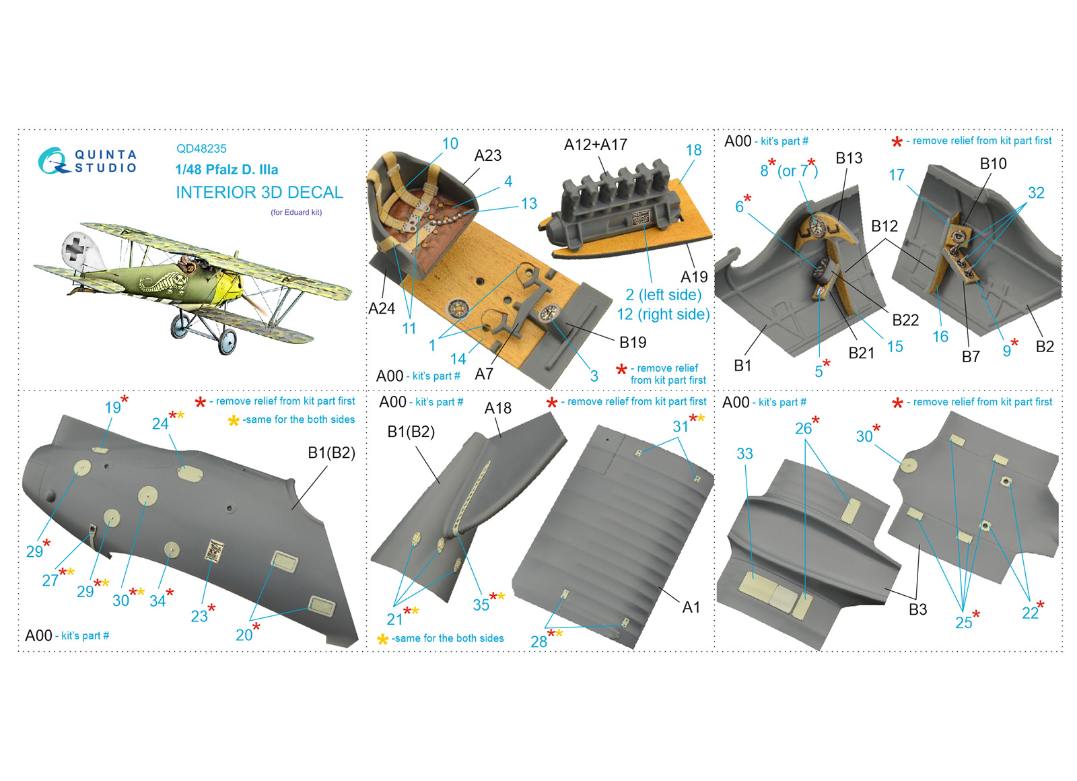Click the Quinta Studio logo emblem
53,161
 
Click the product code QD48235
201,149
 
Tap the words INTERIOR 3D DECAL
259,193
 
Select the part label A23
487,156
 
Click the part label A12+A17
595,144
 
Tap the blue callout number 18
693,150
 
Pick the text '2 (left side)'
663,294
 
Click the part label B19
632,343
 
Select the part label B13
849,158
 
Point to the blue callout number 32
1036,193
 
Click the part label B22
905,320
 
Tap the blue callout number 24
160,423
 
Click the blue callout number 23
199,616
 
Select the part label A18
497,408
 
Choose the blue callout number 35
481,605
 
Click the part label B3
917,610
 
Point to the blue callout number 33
744,454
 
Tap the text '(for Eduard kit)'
296,212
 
